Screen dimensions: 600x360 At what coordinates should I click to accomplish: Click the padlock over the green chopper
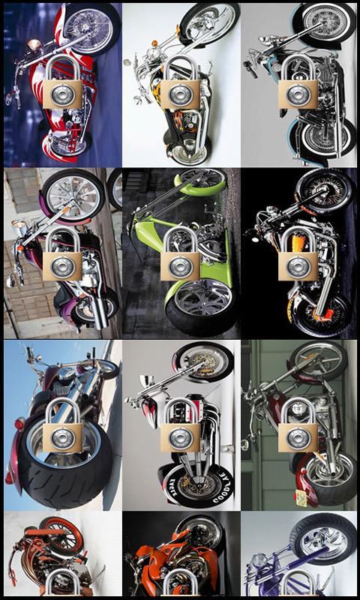pos(181,254)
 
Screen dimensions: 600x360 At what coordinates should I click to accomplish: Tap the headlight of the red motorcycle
pos(34,45)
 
